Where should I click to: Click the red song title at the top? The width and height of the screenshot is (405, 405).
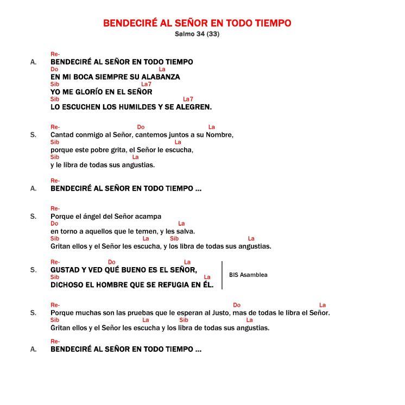click(197, 23)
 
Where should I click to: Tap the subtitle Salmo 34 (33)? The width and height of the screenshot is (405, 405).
click(197, 34)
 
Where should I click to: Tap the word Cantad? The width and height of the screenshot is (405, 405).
click(61, 135)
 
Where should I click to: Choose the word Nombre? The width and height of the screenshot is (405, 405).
click(219, 135)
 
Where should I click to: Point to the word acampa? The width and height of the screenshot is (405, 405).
click(149, 216)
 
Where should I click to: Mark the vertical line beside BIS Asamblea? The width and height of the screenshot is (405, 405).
click(222, 275)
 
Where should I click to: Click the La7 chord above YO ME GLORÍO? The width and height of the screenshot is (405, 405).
click(146, 84)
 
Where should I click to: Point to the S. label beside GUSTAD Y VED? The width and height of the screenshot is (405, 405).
click(34, 270)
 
